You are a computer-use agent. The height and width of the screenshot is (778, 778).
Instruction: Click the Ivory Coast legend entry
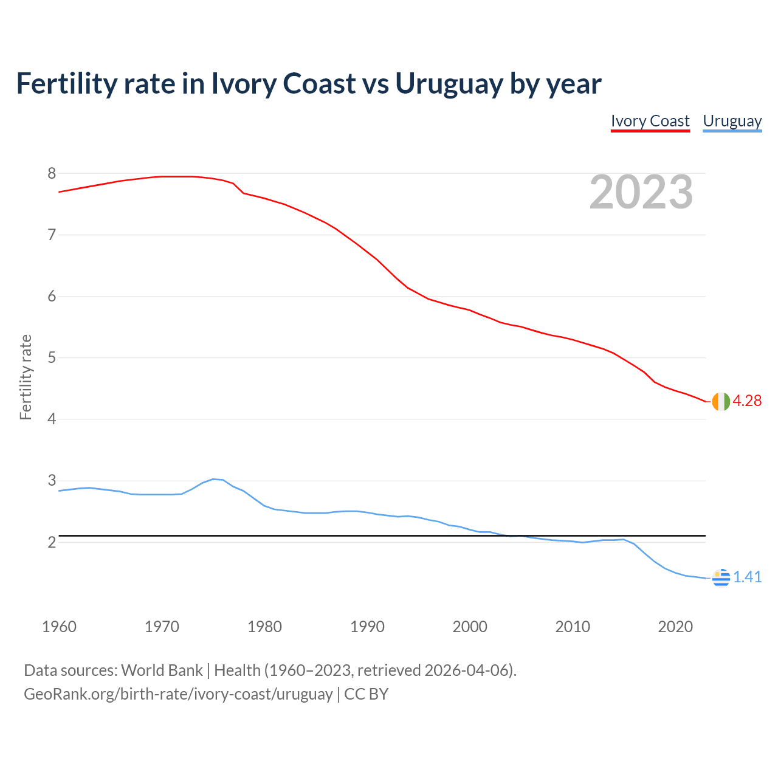pyautogui.click(x=650, y=121)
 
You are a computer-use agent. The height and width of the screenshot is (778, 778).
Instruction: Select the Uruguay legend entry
pyautogui.click(x=732, y=121)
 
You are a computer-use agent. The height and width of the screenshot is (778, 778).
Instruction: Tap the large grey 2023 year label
pyautogui.click(x=641, y=192)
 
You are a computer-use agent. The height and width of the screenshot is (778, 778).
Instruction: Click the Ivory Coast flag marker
pyautogui.click(x=720, y=401)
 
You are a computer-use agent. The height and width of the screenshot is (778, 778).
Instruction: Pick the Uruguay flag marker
pyautogui.click(x=720, y=577)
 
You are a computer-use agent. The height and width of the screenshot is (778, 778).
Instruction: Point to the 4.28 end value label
pyautogui.click(x=747, y=401)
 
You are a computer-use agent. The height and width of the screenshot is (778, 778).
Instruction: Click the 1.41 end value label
pyautogui.click(x=747, y=577)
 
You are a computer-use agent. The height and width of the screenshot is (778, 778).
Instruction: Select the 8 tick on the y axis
pyautogui.click(x=52, y=174)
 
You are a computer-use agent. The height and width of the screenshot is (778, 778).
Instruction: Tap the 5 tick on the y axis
pyautogui.click(x=52, y=358)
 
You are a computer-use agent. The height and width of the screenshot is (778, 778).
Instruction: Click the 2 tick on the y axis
pyautogui.click(x=52, y=542)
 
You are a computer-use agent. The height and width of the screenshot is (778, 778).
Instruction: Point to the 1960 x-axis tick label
pyautogui.click(x=59, y=627)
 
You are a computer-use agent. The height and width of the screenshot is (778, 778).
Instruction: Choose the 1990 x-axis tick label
pyautogui.click(x=367, y=627)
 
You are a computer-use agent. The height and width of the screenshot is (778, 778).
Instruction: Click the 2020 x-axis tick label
pyautogui.click(x=675, y=627)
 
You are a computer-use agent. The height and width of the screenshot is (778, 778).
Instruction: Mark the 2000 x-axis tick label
pyautogui.click(x=470, y=627)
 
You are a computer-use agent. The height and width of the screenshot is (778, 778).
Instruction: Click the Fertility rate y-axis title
pyautogui.click(x=26, y=377)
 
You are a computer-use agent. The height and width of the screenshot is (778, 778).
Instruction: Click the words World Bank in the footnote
pyautogui.click(x=162, y=670)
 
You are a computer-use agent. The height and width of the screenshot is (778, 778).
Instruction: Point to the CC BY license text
pyautogui.click(x=366, y=694)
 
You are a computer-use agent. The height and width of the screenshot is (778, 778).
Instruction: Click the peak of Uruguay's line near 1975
pyautogui.click(x=213, y=479)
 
